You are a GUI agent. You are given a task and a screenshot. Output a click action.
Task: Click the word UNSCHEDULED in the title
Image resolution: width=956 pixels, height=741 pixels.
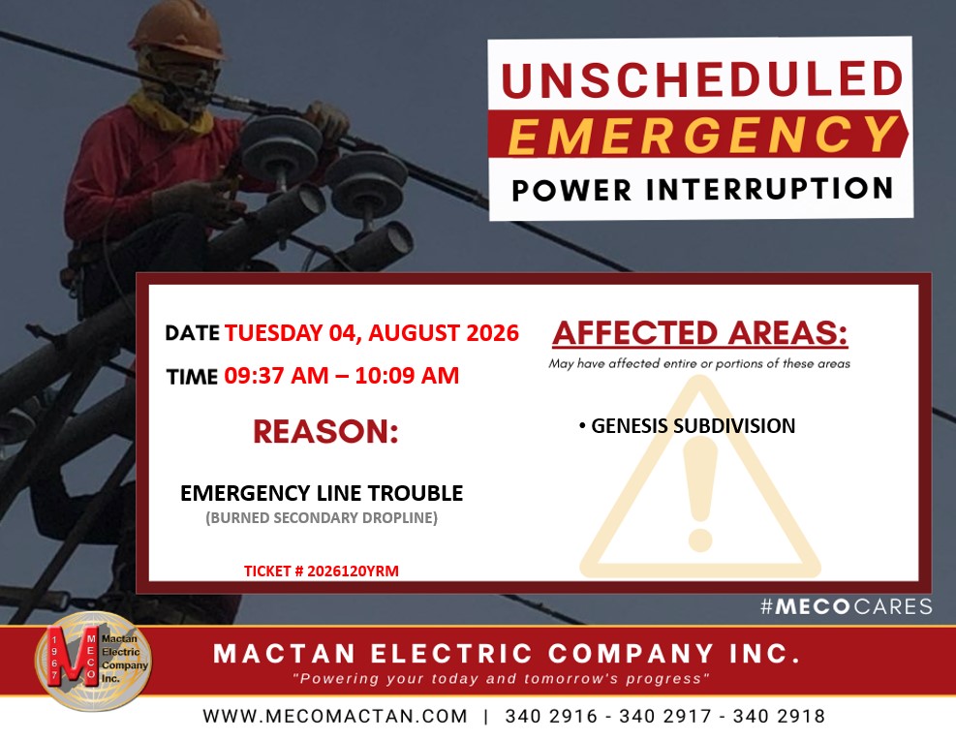point(702,78)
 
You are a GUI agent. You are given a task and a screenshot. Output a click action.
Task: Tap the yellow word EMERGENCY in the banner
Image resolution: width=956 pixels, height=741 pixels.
point(703,135)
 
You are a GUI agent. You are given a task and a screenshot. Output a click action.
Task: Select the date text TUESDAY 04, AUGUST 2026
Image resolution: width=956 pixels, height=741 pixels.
point(372,333)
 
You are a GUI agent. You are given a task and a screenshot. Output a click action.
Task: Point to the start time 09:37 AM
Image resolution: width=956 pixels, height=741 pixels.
point(276,376)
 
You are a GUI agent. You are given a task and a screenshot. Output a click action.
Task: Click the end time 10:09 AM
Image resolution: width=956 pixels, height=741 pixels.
point(407,376)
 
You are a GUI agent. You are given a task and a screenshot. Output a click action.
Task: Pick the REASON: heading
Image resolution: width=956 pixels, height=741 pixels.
point(325,431)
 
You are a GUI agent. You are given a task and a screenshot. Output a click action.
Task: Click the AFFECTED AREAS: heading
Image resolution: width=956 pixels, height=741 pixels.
point(700,333)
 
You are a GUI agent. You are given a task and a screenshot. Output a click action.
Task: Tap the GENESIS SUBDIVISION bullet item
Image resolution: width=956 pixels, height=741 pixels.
point(687,425)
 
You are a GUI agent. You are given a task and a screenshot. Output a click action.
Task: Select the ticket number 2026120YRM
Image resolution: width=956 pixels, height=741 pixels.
point(353,571)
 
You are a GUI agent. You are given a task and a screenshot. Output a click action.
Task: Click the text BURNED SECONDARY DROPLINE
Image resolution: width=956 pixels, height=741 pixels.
point(322,518)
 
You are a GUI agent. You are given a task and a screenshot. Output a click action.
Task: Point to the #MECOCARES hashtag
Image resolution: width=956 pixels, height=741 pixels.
point(847,606)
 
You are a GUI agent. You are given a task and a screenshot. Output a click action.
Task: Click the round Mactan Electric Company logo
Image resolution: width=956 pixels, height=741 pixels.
point(93,661)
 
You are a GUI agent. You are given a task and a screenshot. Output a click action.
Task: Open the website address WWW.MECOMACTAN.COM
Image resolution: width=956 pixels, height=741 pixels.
point(335,716)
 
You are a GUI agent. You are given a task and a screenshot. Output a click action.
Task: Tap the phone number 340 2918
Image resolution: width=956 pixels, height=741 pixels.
point(779,716)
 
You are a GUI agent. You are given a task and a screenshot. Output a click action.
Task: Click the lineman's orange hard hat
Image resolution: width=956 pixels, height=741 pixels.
point(178,29)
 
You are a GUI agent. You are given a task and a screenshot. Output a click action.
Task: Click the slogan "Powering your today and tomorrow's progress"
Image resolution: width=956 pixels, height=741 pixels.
point(501,679)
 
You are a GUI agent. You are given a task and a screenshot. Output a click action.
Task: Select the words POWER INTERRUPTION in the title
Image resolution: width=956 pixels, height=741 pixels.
point(702,189)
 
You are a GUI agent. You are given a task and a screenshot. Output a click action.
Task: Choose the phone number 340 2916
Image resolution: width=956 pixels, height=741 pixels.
point(551,716)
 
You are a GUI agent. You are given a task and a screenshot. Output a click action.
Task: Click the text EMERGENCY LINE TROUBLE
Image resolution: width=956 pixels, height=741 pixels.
point(322,493)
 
